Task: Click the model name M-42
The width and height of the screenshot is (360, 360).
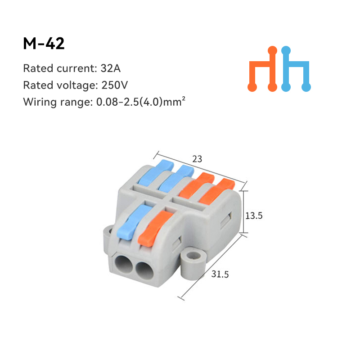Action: coord(44,43)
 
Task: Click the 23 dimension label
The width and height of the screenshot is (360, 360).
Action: coord(197,158)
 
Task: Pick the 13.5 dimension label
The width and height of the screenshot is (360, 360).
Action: coord(253,215)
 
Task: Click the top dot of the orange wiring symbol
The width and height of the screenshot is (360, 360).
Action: coord(272,50)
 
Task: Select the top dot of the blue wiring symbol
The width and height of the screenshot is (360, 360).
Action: coord(285,50)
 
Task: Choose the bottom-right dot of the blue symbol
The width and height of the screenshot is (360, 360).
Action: coord(306,87)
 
